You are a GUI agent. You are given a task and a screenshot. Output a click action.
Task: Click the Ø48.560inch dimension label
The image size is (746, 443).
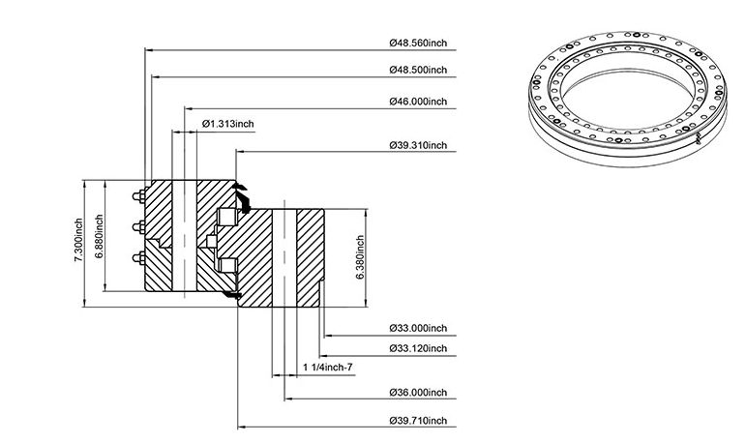(418, 43)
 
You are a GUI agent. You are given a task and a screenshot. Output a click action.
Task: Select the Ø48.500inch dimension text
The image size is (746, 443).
(418, 70)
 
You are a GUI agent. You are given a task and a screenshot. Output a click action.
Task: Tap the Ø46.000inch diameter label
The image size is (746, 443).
(418, 102)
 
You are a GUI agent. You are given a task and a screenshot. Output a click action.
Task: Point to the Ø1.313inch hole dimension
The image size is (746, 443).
(228, 124)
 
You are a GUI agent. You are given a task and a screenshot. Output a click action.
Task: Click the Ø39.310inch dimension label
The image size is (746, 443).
(418, 145)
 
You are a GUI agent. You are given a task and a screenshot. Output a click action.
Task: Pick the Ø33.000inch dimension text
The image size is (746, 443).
(418, 328)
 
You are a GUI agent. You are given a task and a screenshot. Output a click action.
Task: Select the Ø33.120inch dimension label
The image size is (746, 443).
(418, 348)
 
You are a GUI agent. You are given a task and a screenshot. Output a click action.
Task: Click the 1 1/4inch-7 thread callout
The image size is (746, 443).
(328, 368)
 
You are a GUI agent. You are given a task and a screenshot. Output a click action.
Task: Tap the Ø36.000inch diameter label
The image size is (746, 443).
(418, 393)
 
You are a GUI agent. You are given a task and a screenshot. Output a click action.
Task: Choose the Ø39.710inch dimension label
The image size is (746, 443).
(418, 421)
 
